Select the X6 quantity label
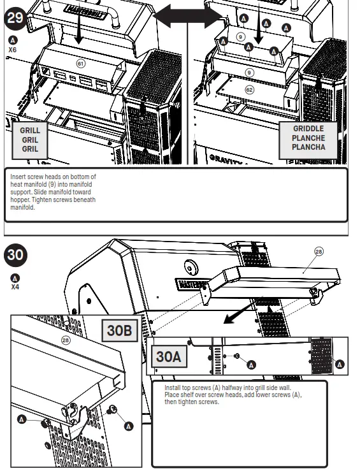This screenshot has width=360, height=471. (x=13, y=48)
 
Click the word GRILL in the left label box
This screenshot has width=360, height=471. (x=30, y=130)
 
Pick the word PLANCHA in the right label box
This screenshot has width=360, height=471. (x=309, y=147)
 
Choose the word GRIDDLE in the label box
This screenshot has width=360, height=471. (x=309, y=129)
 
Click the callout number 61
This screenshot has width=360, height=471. (x=80, y=63)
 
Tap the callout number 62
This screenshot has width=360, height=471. (x=250, y=90)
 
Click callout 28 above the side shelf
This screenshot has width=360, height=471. (x=319, y=252)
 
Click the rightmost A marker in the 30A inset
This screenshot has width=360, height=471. (x=340, y=364)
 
